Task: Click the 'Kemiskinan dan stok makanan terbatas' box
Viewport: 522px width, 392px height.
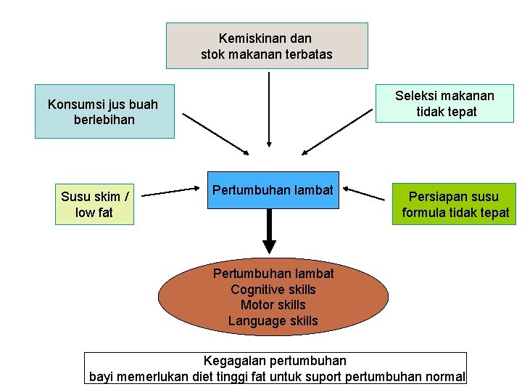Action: pos(266,45)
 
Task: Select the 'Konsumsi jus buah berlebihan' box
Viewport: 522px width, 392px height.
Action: pos(104,111)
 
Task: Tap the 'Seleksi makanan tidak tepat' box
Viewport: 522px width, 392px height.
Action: pos(445,103)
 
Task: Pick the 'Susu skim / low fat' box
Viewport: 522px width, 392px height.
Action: pos(95,204)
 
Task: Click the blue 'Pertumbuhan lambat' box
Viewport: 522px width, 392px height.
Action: pos(273,190)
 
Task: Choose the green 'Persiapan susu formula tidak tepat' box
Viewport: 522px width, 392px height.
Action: pos(455,204)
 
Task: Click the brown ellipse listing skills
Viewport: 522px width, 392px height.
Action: pos(273,297)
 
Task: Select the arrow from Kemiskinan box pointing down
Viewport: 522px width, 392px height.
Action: pos(269,109)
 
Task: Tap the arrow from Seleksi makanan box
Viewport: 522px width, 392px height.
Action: pos(337,133)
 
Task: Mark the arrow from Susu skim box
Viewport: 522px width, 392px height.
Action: pos(170,192)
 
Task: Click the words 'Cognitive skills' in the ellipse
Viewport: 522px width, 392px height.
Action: pos(273,290)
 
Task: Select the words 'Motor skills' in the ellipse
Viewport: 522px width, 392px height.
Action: pos(273,305)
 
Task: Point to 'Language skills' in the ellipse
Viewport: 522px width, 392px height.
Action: pos(273,321)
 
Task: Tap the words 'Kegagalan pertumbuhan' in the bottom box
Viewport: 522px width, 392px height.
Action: pos(275,361)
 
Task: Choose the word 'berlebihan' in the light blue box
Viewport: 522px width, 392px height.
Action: pos(104,119)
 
